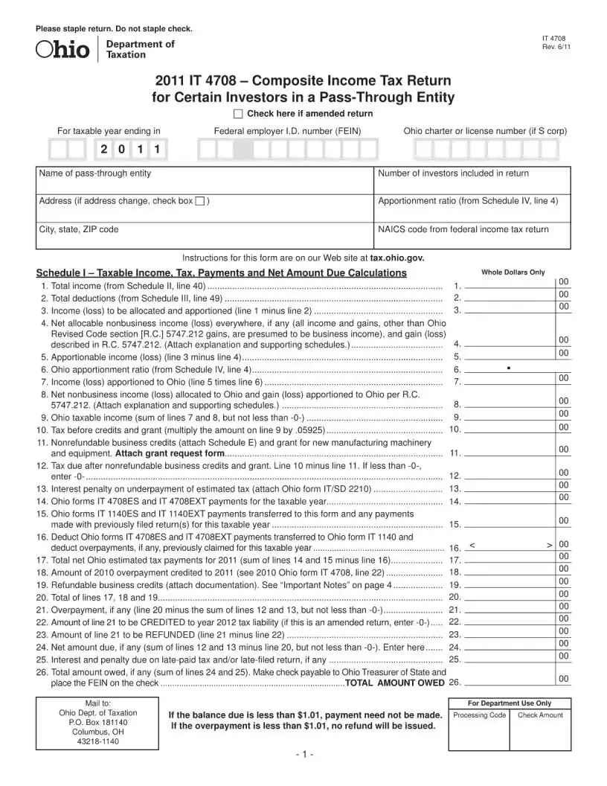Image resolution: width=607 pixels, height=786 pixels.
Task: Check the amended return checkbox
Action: click(238, 114)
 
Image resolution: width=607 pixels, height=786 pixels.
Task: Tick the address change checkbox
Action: click(199, 202)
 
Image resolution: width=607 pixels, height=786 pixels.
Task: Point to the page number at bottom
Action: click(303, 755)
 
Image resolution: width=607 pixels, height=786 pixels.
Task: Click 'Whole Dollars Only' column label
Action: click(513, 272)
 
